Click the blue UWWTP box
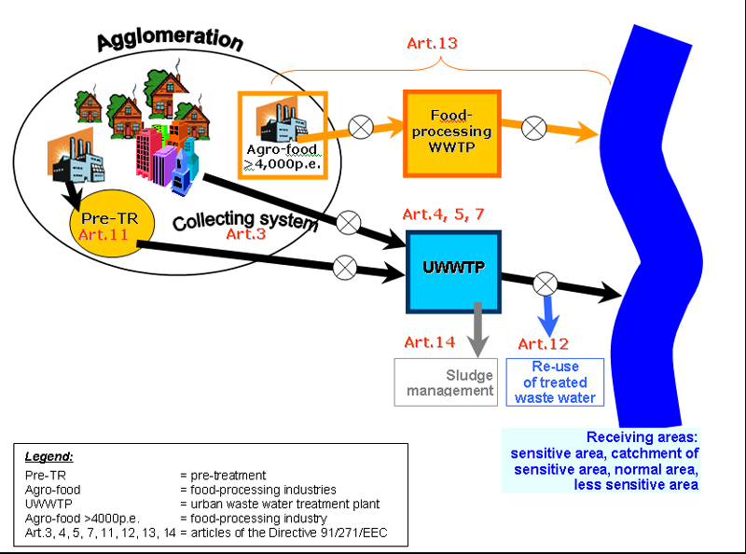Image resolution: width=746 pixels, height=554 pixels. tap(453, 271)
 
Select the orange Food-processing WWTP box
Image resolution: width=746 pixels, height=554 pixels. tap(452, 133)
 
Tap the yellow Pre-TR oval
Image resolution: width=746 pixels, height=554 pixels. tap(112, 223)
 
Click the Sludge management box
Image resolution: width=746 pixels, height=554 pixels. tap(446, 382)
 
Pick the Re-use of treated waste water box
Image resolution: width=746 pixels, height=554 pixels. tap(555, 382)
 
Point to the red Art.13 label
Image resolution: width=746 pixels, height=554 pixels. tap(432, 43)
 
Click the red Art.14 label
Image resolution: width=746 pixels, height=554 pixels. tap(430, 342)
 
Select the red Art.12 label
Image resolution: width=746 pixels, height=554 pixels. tap(544, 343)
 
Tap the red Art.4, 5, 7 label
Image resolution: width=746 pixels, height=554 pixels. tap(444, 215)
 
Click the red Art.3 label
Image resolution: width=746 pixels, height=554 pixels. tap(245, 234)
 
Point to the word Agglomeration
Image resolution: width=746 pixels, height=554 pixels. tap(170, 39)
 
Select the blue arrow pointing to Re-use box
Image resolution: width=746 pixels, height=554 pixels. tap(548, 316)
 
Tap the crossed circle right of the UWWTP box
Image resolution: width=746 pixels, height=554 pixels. tap(546, 284)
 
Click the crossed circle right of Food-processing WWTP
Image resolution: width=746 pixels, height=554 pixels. tap(533, 128)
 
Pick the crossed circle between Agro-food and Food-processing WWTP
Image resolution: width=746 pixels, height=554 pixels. tap(361, 127)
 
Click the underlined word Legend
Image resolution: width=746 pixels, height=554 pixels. tap(49, 456)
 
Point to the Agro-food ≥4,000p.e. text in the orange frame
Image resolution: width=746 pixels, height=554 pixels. tap(283, 157)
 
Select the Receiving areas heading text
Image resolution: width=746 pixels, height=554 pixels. tap(642, 436)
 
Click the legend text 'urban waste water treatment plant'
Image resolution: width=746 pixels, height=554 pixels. tap(285, 504)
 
